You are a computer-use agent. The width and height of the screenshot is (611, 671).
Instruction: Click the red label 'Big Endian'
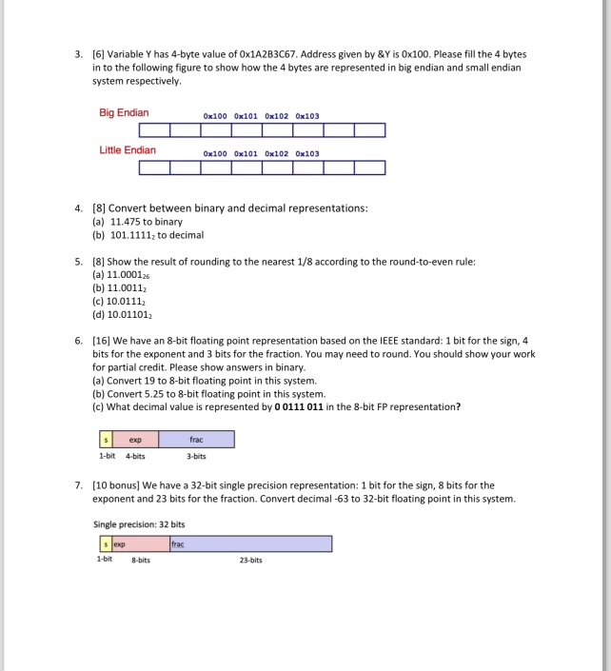[124, 114]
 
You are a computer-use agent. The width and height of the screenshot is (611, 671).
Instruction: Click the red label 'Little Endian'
[128, 150]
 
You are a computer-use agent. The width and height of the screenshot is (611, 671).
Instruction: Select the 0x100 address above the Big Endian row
[216, 116]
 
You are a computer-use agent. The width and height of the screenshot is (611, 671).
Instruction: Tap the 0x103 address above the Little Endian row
[307, 153]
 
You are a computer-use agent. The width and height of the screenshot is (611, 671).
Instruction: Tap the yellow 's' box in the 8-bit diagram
[106, 440]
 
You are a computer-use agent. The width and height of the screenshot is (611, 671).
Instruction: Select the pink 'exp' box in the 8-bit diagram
[135, 440]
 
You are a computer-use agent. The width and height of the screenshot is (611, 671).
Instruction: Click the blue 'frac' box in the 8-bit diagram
[196, 440]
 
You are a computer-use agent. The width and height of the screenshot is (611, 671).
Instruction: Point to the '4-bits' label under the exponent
[135, 456]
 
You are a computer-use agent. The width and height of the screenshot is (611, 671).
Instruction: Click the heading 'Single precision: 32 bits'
[139, 524]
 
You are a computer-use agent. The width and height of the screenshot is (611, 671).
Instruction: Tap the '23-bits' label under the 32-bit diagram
[250, 560]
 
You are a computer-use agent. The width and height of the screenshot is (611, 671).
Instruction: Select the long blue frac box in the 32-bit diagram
[250, 543]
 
